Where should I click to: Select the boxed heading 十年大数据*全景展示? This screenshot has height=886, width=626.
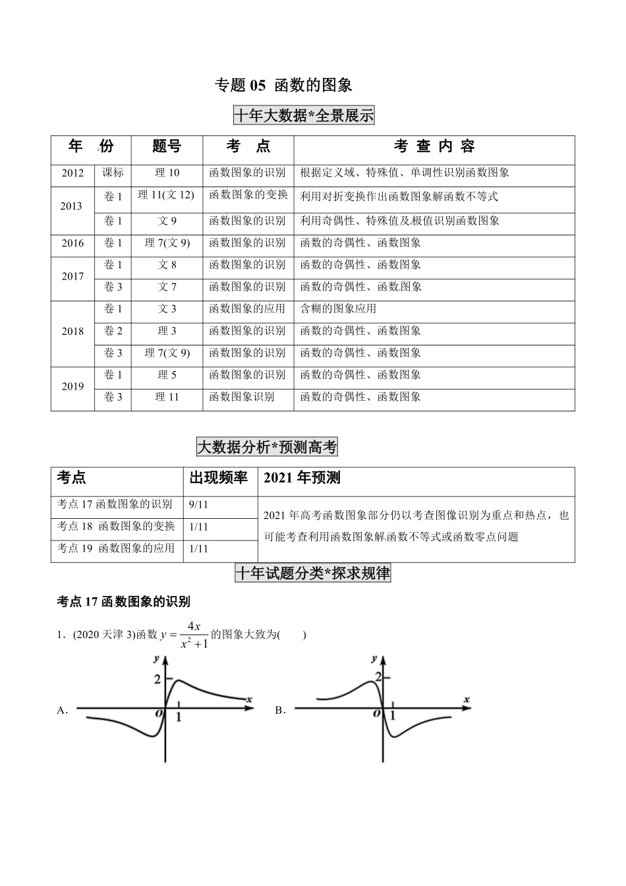[x=304, y=116]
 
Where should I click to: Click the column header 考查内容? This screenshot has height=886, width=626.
[x=434, y=146]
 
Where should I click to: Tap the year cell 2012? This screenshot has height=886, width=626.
[x=72, y=173]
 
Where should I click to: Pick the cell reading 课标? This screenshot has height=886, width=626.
[x=113, y=173]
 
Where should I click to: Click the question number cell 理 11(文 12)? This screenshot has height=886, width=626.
[x=167, y=195]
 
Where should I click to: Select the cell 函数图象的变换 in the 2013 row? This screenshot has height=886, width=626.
[x=248, y=195]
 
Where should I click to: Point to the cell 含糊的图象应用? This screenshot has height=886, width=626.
[x=338, y=309]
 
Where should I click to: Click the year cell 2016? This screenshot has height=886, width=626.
[x=72, y=243]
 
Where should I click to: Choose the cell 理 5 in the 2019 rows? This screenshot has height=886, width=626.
[x=167, y=375]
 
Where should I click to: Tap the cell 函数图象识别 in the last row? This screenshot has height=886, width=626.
[x=241, y=397]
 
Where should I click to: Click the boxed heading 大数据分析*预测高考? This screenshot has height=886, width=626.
[x=267, y=448]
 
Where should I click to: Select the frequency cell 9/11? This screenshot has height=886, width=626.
[x=198, y=504]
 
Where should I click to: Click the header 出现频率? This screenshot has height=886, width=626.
[x=219, y=478]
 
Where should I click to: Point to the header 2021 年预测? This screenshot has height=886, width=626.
[x=302, y=478]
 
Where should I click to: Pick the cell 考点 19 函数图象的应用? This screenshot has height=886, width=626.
[x=116, y=548]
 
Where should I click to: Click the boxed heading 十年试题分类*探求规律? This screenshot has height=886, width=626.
[x=313, y=574]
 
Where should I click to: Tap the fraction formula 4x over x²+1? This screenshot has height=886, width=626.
[x=194, y=634]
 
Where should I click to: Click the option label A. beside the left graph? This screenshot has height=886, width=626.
[x=63, y=711]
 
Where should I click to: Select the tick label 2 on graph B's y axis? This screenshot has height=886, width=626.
[x=378, y=677]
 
